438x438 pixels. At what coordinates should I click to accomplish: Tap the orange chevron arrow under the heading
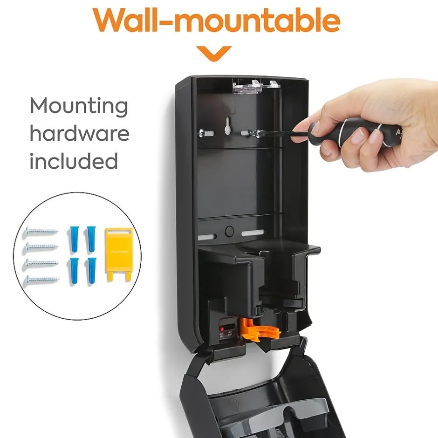[x=214, y=53]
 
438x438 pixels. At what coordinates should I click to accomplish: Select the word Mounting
[x=79, y=106]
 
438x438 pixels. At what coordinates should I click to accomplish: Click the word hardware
[x=79, y=134]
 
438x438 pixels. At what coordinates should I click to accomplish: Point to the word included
[x=74, y=161]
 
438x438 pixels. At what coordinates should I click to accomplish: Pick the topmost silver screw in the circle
[x=42, y=231]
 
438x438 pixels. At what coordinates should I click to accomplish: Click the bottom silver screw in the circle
[x=42, y=280]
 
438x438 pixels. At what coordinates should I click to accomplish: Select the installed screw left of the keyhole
[x=205, y=133]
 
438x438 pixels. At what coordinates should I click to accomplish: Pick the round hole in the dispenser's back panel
[x=229, y=231]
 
